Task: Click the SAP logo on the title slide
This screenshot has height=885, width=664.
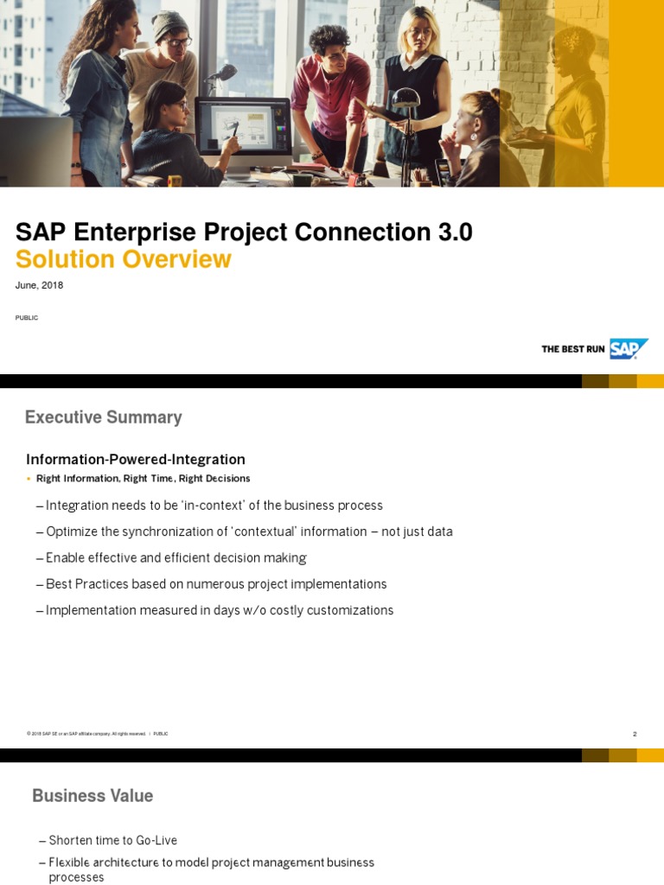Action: (x=628, y=348)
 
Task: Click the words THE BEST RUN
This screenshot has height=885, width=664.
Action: (x=572, y=349)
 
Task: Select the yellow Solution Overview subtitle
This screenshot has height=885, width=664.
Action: (x=123, y=259)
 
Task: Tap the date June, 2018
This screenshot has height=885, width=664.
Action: (x=39, y=285)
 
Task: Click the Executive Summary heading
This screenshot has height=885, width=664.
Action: (x=103, y=417)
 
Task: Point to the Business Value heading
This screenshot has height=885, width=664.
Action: (x=93, y=796)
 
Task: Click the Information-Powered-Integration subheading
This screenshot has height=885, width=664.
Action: (x=136, y=460)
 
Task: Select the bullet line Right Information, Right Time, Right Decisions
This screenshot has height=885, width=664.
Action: (x=143, y=479)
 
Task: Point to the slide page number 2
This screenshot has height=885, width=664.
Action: (x=635, y=734)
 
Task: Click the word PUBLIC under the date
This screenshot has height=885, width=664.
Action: (x=27, y=318)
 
